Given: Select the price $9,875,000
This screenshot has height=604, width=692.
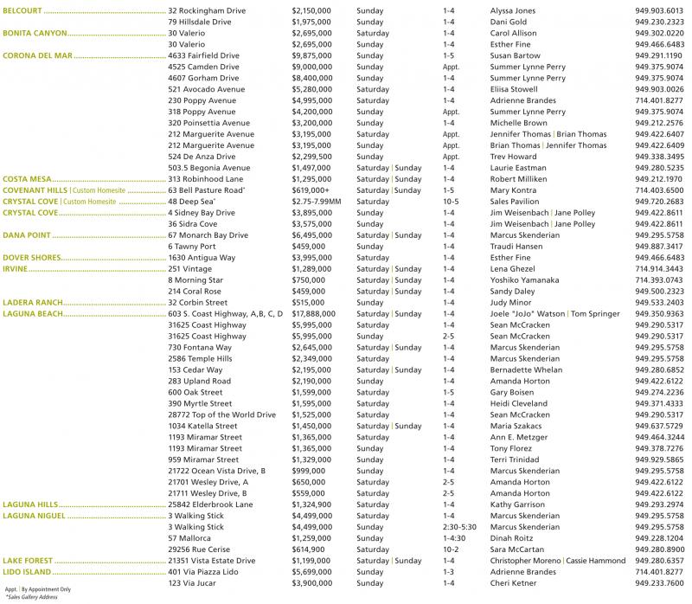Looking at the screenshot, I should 314,55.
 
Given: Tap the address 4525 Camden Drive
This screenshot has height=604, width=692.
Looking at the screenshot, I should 204,67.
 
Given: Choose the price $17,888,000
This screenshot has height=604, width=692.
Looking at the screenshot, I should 317,314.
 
